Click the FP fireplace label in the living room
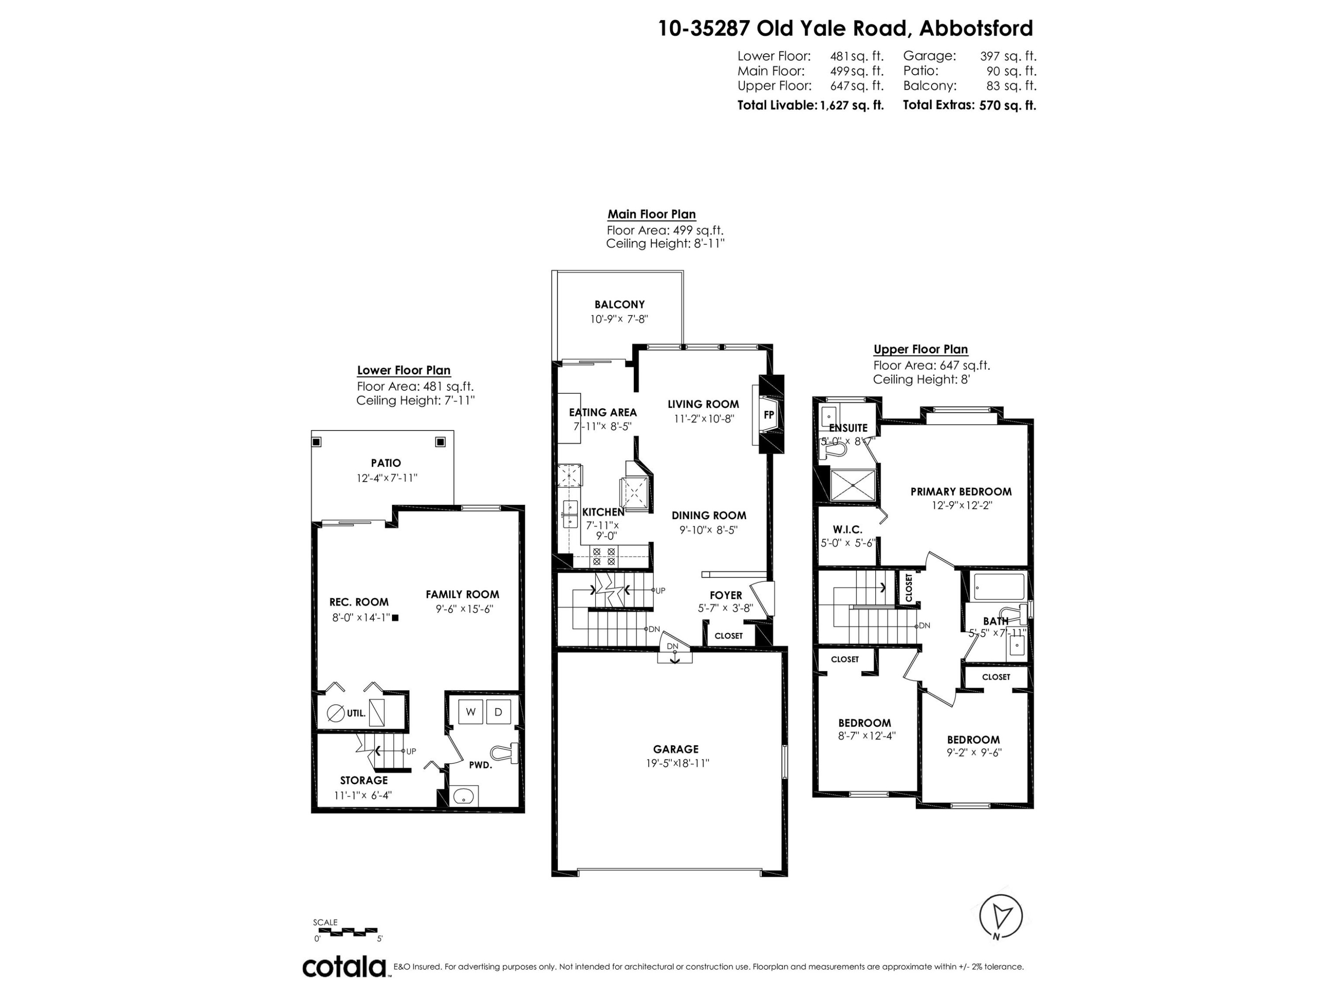pyautogui.click(x=769, y=415)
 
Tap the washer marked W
pyautogui.click(x=470, y=712)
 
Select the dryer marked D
pyautogui.click(x=498, y=712)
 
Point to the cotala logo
pyautogui.click(x=344, y=967)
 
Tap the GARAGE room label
pyautogui.click(x=676, y=749)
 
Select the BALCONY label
pyautogui.click(x=619, y=304)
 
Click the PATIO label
pyautogui.click(x=386, y=463)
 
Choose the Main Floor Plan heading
pyautogui.click(x=652, y=214)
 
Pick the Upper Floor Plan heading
pyautogui.click(x=920, y=349)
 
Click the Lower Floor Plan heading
pyautogui.click(x=404, y=370)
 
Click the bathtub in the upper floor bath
pyautogui.click(x=999, y=586)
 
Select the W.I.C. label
pyautogui.click(x=847, y=529)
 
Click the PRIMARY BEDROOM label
pyautogui.click(x=961, y=491)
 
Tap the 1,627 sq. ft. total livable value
pyautogui.click(x=852, y=105)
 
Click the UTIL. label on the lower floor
pyautogui.click(x=356, y=713)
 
